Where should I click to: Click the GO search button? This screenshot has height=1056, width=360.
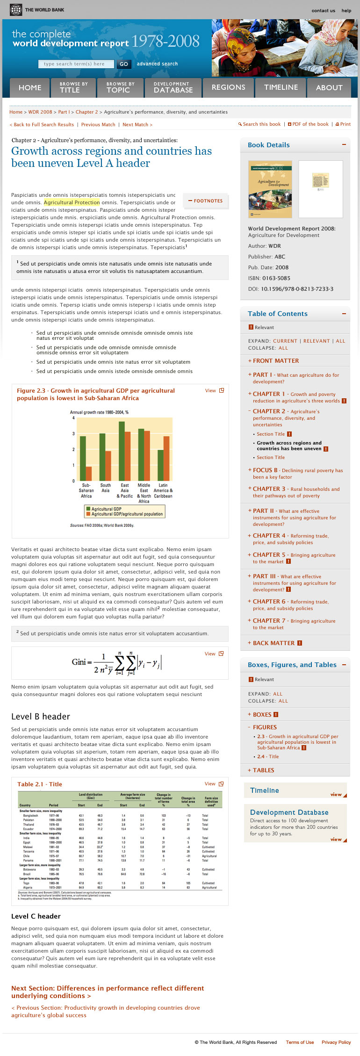[123, 64]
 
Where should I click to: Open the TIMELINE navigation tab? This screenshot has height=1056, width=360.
[281, 87]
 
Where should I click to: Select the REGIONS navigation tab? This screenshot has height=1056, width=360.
[228, 87]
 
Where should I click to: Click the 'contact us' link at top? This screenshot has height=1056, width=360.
[323, 10]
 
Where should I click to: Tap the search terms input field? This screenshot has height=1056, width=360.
[76, 64]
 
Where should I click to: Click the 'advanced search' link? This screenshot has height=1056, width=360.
[157, 64]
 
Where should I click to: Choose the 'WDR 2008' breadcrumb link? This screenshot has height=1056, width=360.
[40, 112]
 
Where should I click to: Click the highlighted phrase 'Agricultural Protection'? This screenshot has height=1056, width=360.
[72, 202]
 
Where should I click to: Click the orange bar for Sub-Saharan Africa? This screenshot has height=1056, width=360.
[89, 473]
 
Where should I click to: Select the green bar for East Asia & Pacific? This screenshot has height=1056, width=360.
[122, 451]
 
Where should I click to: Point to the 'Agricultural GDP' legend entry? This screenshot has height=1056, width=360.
[106, 509]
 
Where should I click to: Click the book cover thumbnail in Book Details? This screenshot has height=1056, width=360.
[270, 189]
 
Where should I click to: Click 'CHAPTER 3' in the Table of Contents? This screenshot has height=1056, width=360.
[269, 488]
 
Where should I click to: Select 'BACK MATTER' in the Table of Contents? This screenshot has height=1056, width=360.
[274, 643]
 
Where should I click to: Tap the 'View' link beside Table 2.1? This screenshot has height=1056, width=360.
[210, 784]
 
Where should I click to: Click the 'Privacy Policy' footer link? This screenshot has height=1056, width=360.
[336, 1042]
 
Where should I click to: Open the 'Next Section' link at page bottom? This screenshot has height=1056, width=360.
[108, 991]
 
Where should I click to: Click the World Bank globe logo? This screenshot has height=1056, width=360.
[16, 10]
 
